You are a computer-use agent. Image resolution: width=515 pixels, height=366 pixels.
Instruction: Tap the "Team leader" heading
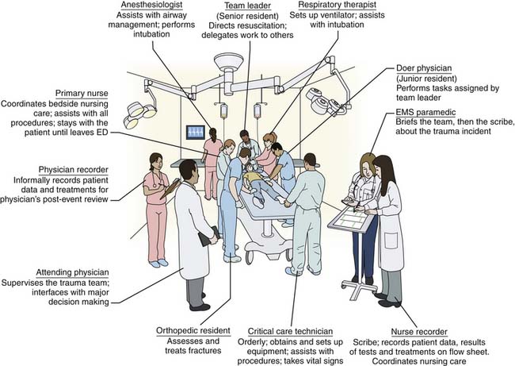pyautogui.click(x=246, y=6)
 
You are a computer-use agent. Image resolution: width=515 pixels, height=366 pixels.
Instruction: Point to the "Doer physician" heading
pyautogui.click(x=424, y=70)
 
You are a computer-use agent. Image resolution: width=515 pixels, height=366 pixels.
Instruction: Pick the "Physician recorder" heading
pyautogui.click(x=74, y=170)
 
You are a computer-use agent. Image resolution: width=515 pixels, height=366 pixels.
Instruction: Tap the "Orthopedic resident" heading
pyautogui.click(x=193, y=330)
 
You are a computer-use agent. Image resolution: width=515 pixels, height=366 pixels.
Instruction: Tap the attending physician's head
pyautogui.click(x=187, y=170)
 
